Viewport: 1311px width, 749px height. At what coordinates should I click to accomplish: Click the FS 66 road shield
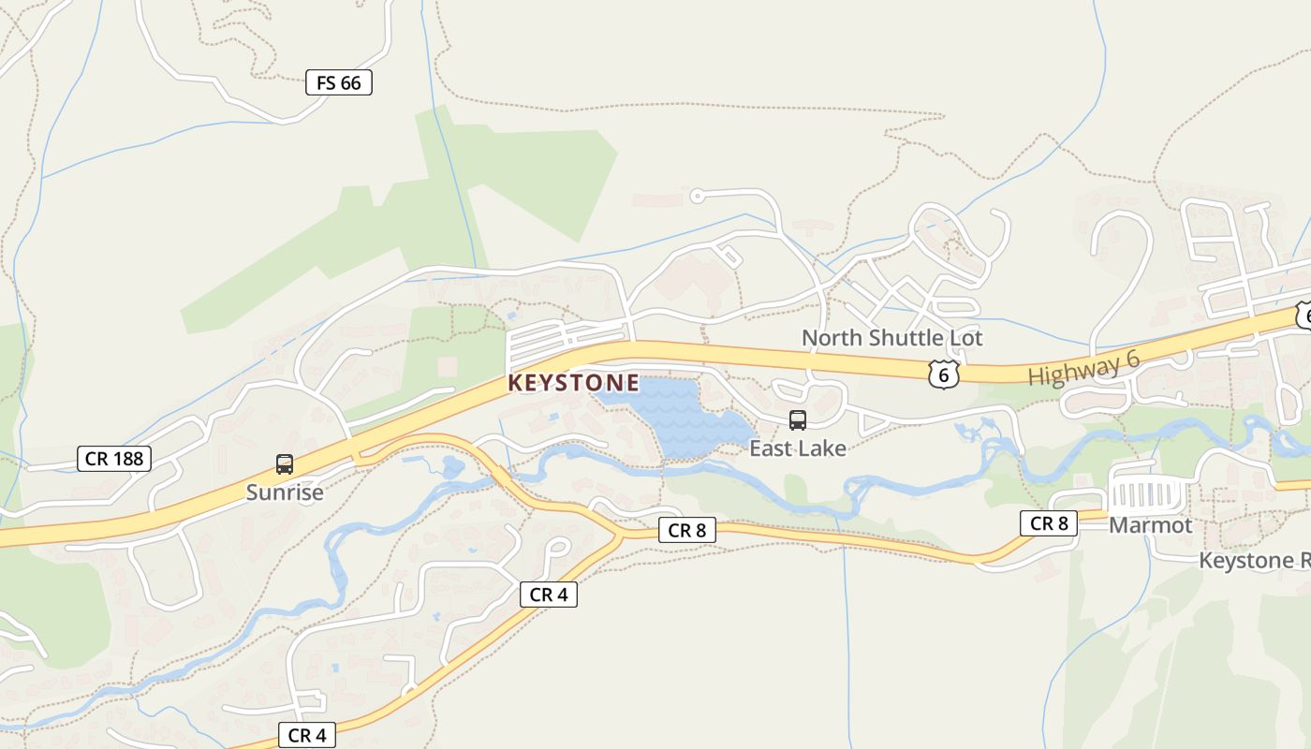pyautogui.click(x=339, y=82)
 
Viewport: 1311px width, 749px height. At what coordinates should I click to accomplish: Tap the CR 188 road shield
pyautogui.click(x=114, y=458)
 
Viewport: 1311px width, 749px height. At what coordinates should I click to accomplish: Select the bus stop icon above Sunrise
pyautogui.click(x=285, y=463)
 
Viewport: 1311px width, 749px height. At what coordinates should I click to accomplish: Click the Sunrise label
pyautogui.click(x=285, y=492)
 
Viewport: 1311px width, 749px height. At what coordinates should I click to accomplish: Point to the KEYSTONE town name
pyautogui.click(x=574, y=383)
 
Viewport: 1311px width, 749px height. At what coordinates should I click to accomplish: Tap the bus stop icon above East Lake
pyautogui.click(x=798, y=420)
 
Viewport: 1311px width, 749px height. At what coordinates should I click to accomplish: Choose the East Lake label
pyautogui.click(x=798, y=448)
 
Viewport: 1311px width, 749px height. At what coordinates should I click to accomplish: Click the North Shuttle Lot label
pyautogui.click(x=892, y=337)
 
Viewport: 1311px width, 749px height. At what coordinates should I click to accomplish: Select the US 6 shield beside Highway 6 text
pyautogui.click(x=944, y=374)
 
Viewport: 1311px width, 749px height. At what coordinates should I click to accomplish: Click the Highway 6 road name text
pyautogui.click(x=1083, y=366)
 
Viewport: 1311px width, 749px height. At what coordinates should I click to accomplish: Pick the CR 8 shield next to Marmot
pyautogui.click(x=1049, y=522)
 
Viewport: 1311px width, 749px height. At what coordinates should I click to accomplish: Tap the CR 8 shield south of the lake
pyautogui.click(x=686, y=530)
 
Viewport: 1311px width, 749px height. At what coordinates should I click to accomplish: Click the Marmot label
pyautogui.click(x=1151, y=525)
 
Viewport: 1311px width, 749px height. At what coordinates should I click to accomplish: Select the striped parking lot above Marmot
pyautogui.click(x=1147, y=493)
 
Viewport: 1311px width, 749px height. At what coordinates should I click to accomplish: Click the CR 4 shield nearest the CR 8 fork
pyautogui.click(x=549, y=594)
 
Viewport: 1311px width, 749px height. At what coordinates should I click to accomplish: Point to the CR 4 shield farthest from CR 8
pyautogui.click(x=307, y=735)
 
